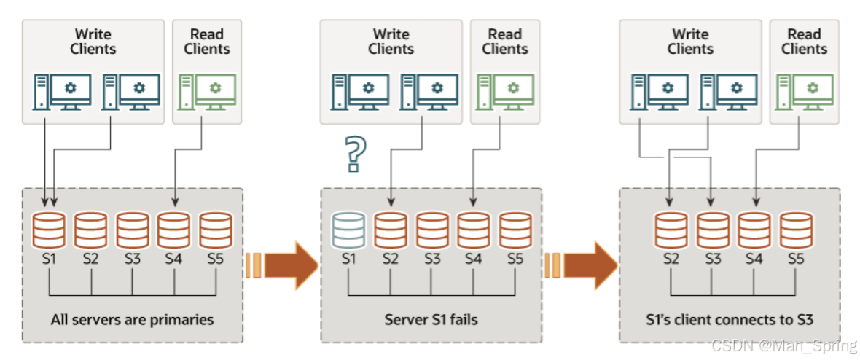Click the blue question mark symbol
pos(354,153)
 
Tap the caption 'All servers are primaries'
pos(133,320)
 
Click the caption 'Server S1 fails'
pos(431,320)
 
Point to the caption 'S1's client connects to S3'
pos(730,320)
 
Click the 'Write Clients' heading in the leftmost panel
pos(93,42)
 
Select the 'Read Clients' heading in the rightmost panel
pos(804,42)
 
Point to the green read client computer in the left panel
pos(207,92)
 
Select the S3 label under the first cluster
pos(133,259)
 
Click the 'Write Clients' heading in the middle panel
pos(391,42)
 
